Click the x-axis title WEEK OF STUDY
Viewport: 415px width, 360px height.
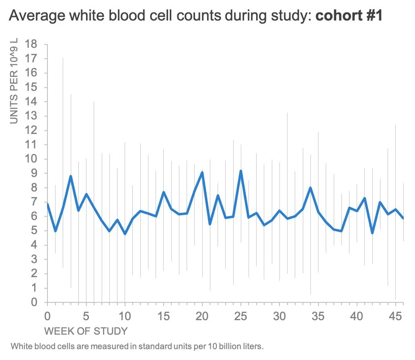[x=86, y=331]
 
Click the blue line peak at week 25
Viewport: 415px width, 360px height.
[x=241, y=171]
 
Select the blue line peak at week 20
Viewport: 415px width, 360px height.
[x=202, y=173]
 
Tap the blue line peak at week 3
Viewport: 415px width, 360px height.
[x=71, y=176]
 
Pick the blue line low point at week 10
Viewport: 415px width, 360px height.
[x=125, y=234]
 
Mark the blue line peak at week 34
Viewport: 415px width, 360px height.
[x=310, y=187]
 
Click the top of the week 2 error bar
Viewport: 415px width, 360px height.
[x=63, y=58]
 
